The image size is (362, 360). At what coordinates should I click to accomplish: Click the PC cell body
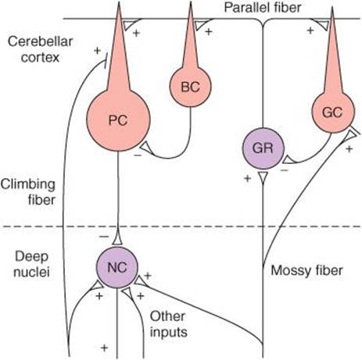pyautogui.click(x=118, y=119)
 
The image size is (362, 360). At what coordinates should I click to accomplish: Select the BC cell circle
pyautogui.click(x=191, y=86)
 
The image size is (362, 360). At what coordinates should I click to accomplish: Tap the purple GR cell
pyautogui.click(x=263, y=148)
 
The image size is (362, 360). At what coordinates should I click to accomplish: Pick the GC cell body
pyautogui.click(x=333, y=112)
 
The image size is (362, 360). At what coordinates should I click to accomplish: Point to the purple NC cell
pyautogui.click(x=117, y=267)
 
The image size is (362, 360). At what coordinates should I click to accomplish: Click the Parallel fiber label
pyautogui.click(x=263, y=8)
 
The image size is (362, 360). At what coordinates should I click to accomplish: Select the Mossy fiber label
pyautogui.click(x=306, y=270)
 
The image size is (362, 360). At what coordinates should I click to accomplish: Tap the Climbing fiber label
pyautogui.click(x=28, y=192)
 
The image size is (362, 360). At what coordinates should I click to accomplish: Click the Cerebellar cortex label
pyautogui.click(x=40, y=49)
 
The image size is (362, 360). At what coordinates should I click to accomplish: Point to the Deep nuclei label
pyautogui.click(x=31, y=264)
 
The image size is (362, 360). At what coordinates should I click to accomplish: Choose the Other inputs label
pyautogui.click(x=168, y=324)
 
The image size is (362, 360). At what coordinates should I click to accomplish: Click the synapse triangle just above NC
pyautogui.click(x=117, y=240)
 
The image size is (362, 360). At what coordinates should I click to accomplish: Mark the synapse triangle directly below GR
pyautogui.click(x=263, y=177)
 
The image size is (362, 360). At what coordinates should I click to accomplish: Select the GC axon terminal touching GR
pyautogui.click(x=288, y=159)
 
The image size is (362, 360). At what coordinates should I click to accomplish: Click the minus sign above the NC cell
pyautogui.click(x=104, y=237)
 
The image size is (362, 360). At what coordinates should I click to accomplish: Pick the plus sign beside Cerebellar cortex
pyautogui.click(x=97, y=51)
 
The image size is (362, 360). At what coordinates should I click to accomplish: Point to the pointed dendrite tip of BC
pyautogui.click(x=191, y=2)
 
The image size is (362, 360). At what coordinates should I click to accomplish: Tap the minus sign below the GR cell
pyautogui.click(x=285, y=170)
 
